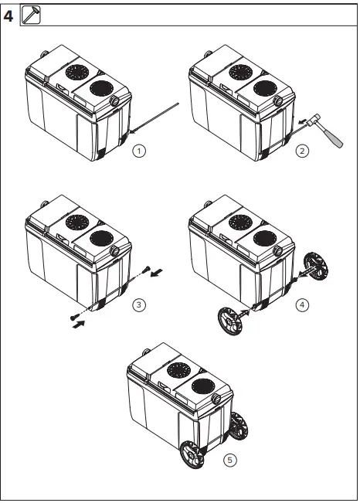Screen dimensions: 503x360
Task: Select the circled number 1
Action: [x=138, y=150]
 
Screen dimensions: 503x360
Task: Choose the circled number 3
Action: [x=138, y=304]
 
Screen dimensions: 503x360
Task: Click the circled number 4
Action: [x=302, y=304]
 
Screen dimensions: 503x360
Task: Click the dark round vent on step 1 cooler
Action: [x=100, y=87]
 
